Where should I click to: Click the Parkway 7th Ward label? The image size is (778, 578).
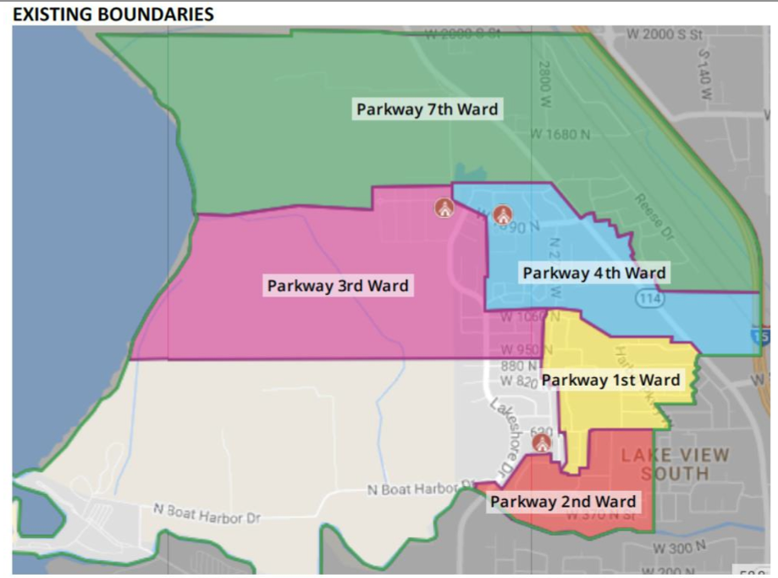click(427, 109)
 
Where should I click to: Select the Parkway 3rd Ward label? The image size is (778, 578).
click(338, 286)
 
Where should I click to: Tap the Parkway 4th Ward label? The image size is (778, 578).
click(593, 273)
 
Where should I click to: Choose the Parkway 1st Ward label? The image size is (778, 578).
click(610, 380)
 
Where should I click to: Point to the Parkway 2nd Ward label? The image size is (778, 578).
click(563, 502)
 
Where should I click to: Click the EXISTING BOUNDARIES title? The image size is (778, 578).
click(113, 14)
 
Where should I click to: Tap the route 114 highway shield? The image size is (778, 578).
click(648, 299)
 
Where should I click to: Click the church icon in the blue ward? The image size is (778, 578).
click(503, 214)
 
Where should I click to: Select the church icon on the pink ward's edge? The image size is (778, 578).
click(444, 207)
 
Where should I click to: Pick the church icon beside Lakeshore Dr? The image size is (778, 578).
click(541, 442)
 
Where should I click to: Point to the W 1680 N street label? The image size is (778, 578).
click(560, 134)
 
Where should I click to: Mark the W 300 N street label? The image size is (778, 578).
click(680, 547)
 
